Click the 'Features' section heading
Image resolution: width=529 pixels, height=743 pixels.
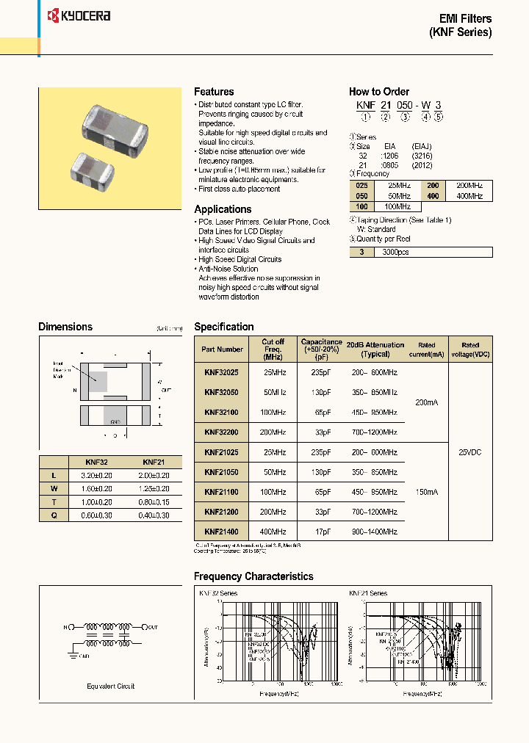coord(214,92)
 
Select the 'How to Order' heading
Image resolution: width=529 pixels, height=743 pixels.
coord(378,92)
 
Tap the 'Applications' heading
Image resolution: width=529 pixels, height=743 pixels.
coord(223,209)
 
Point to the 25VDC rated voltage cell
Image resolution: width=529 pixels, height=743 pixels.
coord(469,452)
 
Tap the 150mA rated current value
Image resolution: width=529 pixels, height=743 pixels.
coord(427,492)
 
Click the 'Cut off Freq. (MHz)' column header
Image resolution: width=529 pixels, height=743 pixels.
coord(273,349)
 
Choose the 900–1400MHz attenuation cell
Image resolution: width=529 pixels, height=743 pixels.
coord(375,531)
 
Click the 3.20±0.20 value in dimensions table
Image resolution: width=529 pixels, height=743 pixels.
coord(96,476)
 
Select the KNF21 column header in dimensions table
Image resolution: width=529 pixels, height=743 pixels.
coord(154,463)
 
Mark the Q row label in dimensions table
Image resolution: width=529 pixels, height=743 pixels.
coord(53,515)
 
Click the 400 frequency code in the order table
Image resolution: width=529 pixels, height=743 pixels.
coord(433,197)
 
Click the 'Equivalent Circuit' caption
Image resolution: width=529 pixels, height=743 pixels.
coord(111,686)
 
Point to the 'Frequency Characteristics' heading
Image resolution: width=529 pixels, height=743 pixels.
coord(253,576)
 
